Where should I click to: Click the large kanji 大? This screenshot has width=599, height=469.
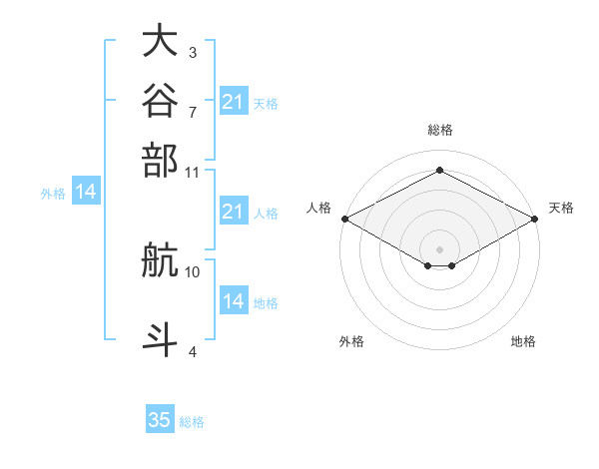pyautogui.click(x=160, y=40)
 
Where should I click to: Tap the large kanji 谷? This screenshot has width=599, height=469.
pyautogui.click(x=160, y=100)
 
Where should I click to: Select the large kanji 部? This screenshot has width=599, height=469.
pyautogui.click(x=160, y=160)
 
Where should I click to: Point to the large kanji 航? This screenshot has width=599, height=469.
pyautogui.click(x=160, y=259)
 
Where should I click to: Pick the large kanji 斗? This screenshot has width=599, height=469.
pyautogui.click(x=160, y=339)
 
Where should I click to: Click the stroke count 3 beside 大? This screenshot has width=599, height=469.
pyautogui.click(x=193, y=52)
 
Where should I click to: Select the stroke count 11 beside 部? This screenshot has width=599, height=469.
pyautogui.click(x=192, y=173)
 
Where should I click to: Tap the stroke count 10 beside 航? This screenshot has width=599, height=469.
pyautogui.click(x=192, y=272)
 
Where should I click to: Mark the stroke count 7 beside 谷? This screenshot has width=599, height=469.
pyautogui.click(x=193, y=113)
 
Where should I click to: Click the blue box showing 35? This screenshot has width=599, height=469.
pyautogui.click(x=160, y=418)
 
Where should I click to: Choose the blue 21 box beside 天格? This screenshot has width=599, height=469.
pyautogui.click(x=234, y=101)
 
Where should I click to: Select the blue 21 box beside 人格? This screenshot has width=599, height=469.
pyautogui.click(x=234, y=211)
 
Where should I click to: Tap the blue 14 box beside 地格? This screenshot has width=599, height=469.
pyautogui.click(x=234, y=299)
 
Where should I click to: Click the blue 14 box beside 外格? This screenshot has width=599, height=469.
pyautogui.click(x=86, y=191)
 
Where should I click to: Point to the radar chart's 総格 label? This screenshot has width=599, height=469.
pyautogui.click(x=440, y=130)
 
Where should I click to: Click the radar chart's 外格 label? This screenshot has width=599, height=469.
pyautogui.click(x=351, y=341)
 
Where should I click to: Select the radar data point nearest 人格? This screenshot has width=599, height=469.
pyautogui.click(x=345, y=219)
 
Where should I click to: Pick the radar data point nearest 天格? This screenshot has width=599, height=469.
pyautogui.click(x=535, y=219)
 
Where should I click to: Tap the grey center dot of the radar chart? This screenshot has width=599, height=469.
pyautogui.click(x=439, y=249)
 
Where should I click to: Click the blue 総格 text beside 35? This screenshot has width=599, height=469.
pyautogui.click(x=192, y=422)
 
